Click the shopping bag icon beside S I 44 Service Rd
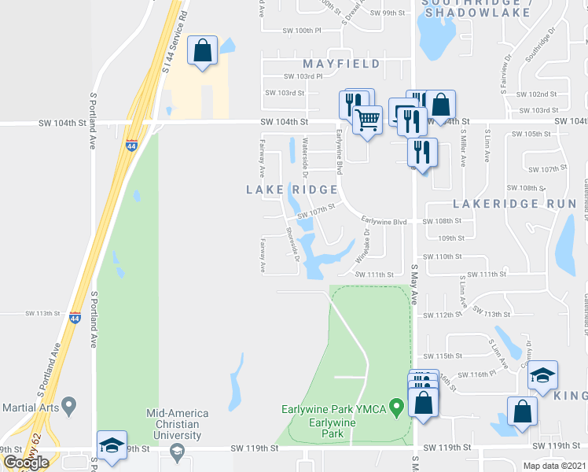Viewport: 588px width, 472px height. [203, 50]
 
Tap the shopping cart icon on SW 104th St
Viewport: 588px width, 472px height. [366, 120]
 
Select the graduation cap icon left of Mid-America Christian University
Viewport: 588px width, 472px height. [112, 444]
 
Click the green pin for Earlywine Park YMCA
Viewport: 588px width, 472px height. [397, 407]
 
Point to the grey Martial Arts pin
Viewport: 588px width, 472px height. [69, 407]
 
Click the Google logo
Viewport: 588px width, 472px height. [25, 463]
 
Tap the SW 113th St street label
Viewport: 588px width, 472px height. [42, 313]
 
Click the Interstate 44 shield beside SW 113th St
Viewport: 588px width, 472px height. [75, 317]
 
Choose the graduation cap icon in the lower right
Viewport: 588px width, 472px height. [542, 375]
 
